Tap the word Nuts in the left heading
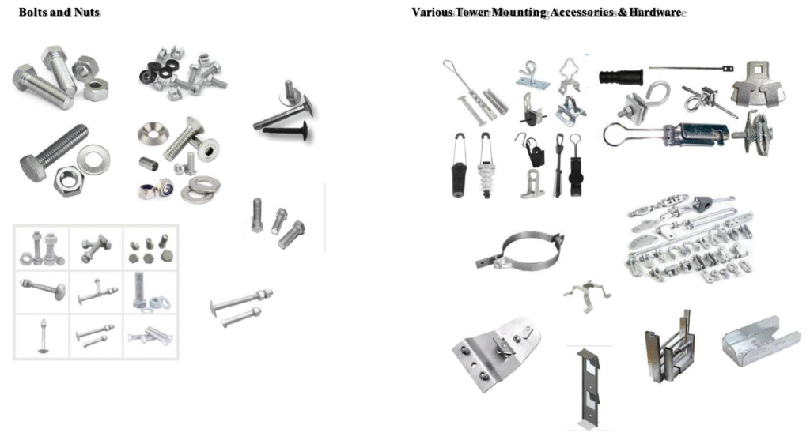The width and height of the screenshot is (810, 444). click(x=86, y=13)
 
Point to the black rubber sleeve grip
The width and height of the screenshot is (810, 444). click(x=623, y=78)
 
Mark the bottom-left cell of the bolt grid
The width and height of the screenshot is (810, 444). click(x=41, y=336)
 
